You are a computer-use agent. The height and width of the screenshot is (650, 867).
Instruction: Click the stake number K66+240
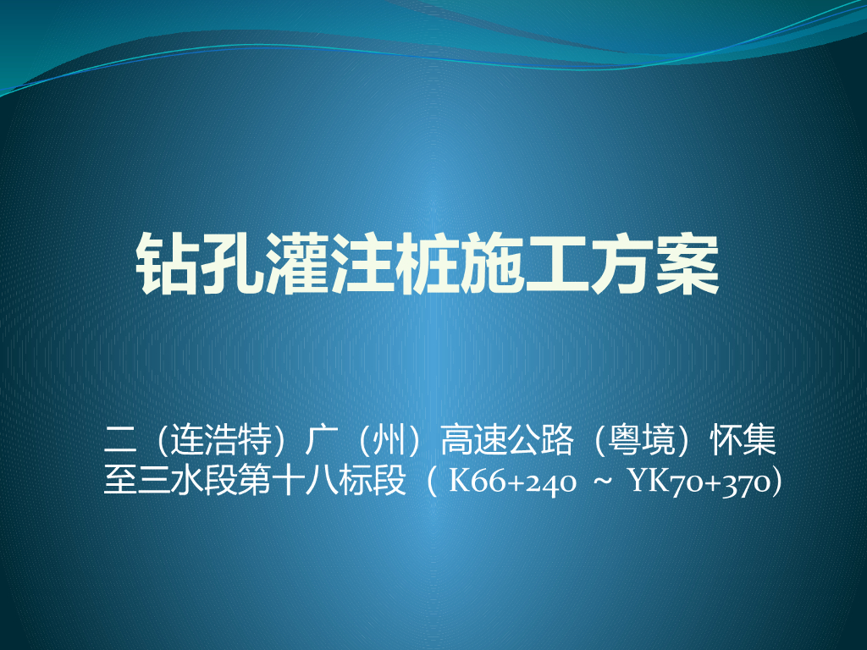[x=513, y=483]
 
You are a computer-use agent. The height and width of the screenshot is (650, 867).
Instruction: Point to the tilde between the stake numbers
[x=603, y=483]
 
